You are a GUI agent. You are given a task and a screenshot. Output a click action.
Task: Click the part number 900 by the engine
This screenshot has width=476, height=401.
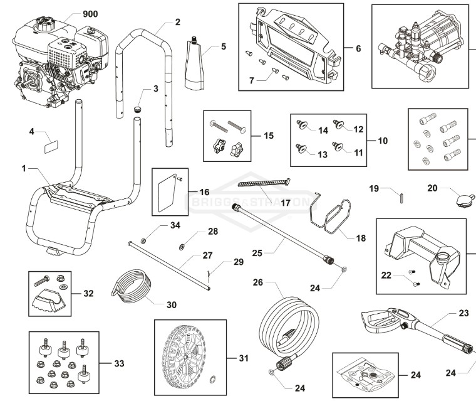tap(90, 14)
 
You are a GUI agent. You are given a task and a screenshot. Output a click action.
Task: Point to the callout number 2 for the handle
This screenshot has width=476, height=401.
tap(178, 22)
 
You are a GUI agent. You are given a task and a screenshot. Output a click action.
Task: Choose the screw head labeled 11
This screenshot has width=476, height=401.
tap(337, 146)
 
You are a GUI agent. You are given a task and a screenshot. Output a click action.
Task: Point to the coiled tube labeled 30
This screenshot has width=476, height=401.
tap(135, 286)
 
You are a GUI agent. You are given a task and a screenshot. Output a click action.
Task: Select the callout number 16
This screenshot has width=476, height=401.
tap(204, 192)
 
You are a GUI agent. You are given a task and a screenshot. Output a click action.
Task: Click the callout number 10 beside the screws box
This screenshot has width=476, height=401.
tap(383, 141)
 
